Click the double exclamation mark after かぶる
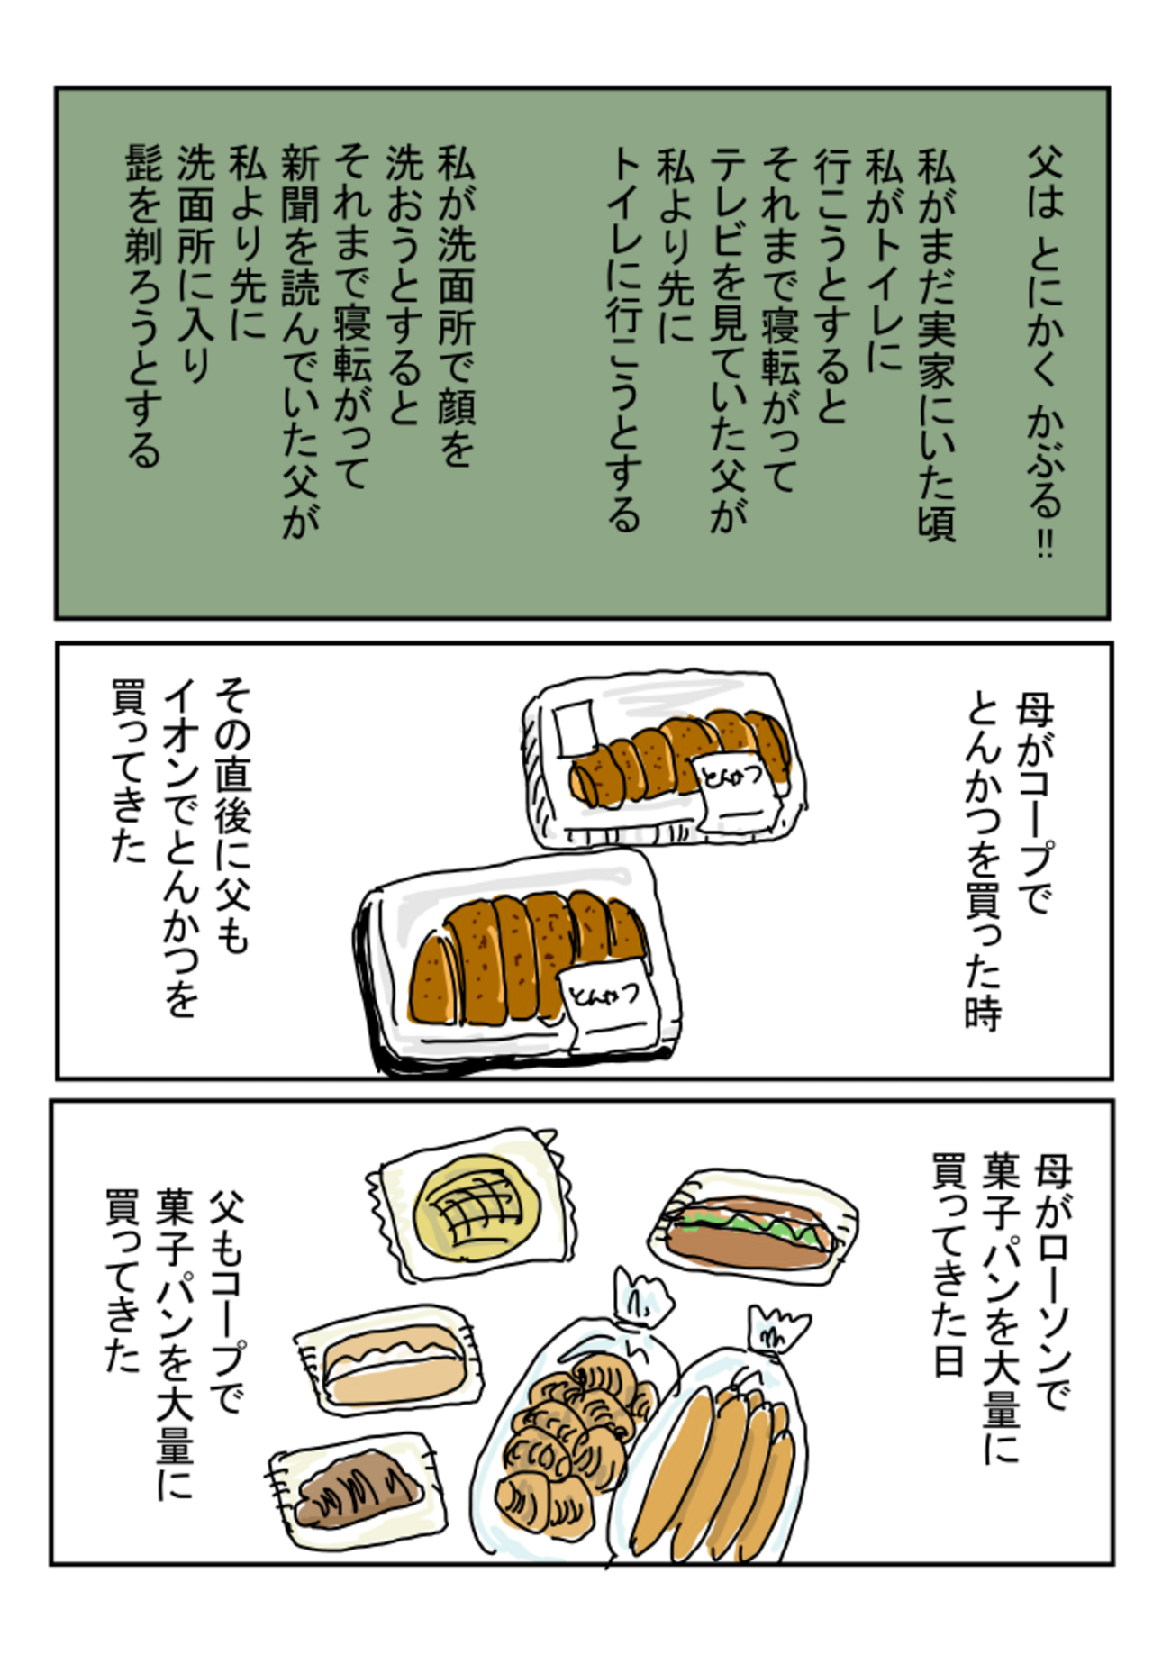click(x=1044, y=543)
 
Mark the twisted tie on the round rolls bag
click(x=641, y=1298)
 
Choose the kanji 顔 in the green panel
click(x=456, y=397)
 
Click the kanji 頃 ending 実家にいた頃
click(x=936, y=520)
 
